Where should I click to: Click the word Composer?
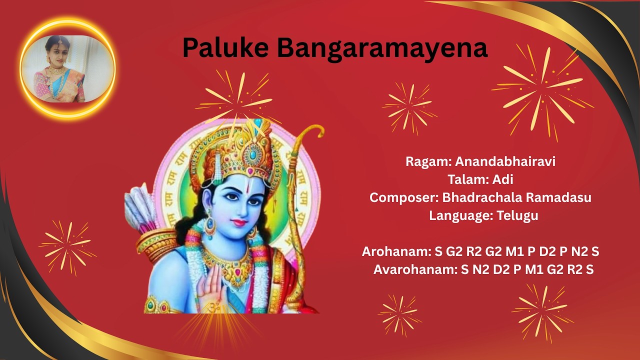pos(403,197)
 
